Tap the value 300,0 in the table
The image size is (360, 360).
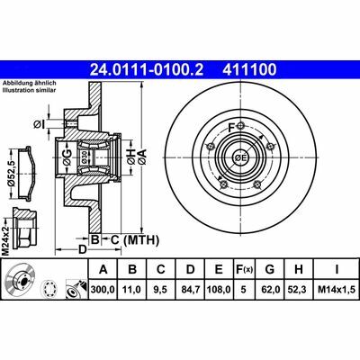104,291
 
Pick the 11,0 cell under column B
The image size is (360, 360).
132,291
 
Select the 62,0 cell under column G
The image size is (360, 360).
271,291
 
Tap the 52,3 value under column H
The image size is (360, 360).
299,291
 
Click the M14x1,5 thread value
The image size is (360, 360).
332,291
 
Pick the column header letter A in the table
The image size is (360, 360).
104,268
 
